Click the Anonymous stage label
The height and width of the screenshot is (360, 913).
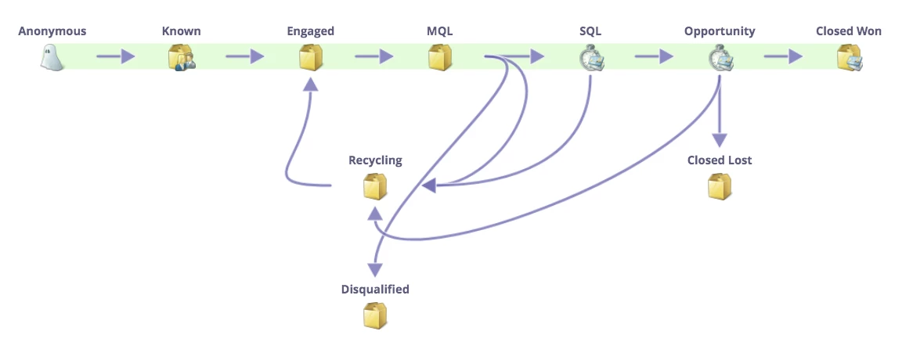tap(52, 31)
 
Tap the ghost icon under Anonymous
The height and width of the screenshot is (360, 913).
tap(52, 58)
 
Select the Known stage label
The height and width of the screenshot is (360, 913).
tap(181, 31)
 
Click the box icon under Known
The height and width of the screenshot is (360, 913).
tap(181, 58)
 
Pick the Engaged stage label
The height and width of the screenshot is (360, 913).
tap(310, 31)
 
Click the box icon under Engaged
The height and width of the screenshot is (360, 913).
tap(310, 58)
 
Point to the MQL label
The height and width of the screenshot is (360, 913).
tap(439, 31)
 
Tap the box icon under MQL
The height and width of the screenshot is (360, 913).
tap(439, 58)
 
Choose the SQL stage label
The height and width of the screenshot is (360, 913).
tap(590, 31)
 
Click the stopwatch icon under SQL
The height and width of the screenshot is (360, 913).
tap(590, 59)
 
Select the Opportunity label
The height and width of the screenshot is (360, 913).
tap(720, 31)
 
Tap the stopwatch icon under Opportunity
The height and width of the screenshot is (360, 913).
tap(720, 59)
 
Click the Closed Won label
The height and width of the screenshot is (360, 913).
tap(848, 31)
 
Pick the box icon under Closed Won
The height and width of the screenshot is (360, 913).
tap(849, 58)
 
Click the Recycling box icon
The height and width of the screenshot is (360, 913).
tap(375, 187)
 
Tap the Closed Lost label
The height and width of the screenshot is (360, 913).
tap(720, 160)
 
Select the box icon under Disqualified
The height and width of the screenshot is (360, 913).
tap(375, 315)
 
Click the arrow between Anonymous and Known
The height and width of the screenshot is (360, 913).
tap(116, 56)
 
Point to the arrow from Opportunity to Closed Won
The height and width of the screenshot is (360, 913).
tap(784, 56)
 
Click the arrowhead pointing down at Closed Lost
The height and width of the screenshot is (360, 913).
tap(720, 138)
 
